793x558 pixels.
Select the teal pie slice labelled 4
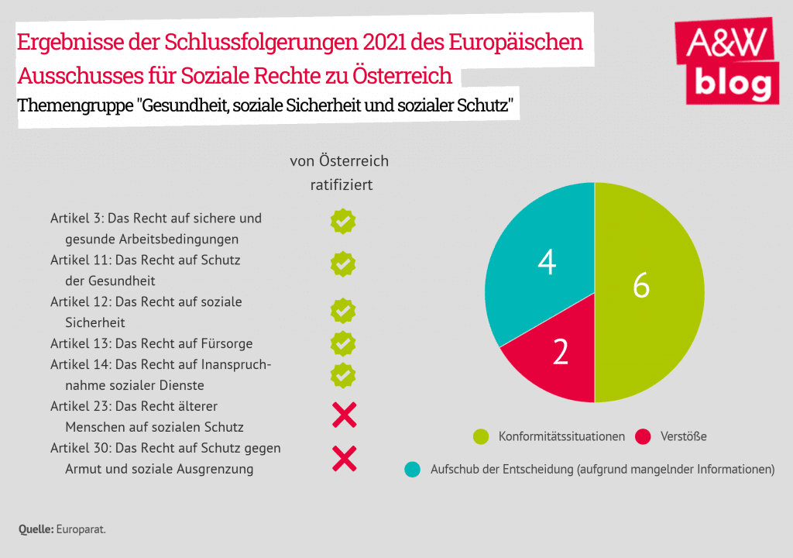tap(542, 256)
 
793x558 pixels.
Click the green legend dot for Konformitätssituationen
tap(481, 437)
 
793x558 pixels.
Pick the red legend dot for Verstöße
tap(642, 437)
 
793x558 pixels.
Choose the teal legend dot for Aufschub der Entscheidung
tap(413, 469)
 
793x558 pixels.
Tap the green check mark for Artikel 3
tap(343, 221)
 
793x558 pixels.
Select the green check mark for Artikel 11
tap(343, 263)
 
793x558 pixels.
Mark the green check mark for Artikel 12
tap(343, 311)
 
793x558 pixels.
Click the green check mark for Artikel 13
tap(343, 343)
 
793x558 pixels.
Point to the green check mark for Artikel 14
tap(343, 374)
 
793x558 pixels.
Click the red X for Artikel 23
tap(344, 416)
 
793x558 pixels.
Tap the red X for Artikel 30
tap(344, 459)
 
